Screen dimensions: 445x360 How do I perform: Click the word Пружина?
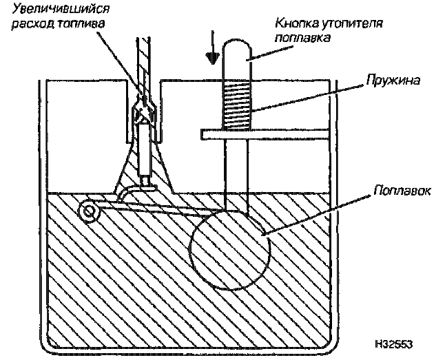point(393,81)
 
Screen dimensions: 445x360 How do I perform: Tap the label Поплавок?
point(402,191)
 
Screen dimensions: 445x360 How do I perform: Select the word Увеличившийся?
point(61,9)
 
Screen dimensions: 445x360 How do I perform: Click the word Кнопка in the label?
point(297,23)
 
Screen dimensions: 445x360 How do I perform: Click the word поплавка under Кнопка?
point(303,38)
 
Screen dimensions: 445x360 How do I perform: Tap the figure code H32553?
point(393,344)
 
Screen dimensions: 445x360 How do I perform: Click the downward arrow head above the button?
point(212,58)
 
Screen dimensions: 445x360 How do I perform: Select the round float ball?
point(230,251)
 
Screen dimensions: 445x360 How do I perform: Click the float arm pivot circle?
point(90,211)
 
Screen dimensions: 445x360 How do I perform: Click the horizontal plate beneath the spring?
point(265,134)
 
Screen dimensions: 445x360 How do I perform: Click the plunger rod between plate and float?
point(236,176)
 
